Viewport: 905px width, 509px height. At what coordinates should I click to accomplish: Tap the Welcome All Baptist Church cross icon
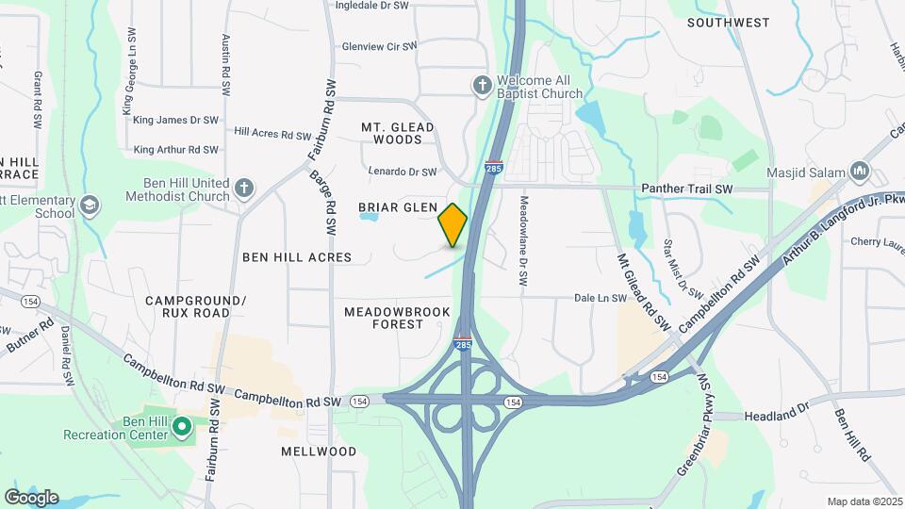tap(482, 86)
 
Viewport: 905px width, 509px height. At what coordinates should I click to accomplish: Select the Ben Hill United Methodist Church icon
tap(244, 188)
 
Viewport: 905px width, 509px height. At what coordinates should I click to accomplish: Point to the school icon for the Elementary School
tap(90, 205)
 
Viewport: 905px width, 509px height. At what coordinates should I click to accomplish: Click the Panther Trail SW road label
tap(686, 189)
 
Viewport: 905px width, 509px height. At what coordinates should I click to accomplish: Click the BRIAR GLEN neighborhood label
tap(397, 207)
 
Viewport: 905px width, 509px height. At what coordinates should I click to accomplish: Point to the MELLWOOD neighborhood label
tap(319, 452)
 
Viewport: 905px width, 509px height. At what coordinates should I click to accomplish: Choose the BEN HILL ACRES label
tap(297, 256)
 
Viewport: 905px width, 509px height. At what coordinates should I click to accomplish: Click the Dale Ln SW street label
tap(601, 298)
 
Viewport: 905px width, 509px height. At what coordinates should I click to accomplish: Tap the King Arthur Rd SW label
tap(176, 150)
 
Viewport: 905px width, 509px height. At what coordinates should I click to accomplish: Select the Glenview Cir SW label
tap(379, 45)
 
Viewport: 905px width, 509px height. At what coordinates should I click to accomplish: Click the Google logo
tap(31, 498)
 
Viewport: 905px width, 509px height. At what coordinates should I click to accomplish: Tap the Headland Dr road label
tap(777, 416)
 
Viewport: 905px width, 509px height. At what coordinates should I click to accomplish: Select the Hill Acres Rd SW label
tap(270, 133)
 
